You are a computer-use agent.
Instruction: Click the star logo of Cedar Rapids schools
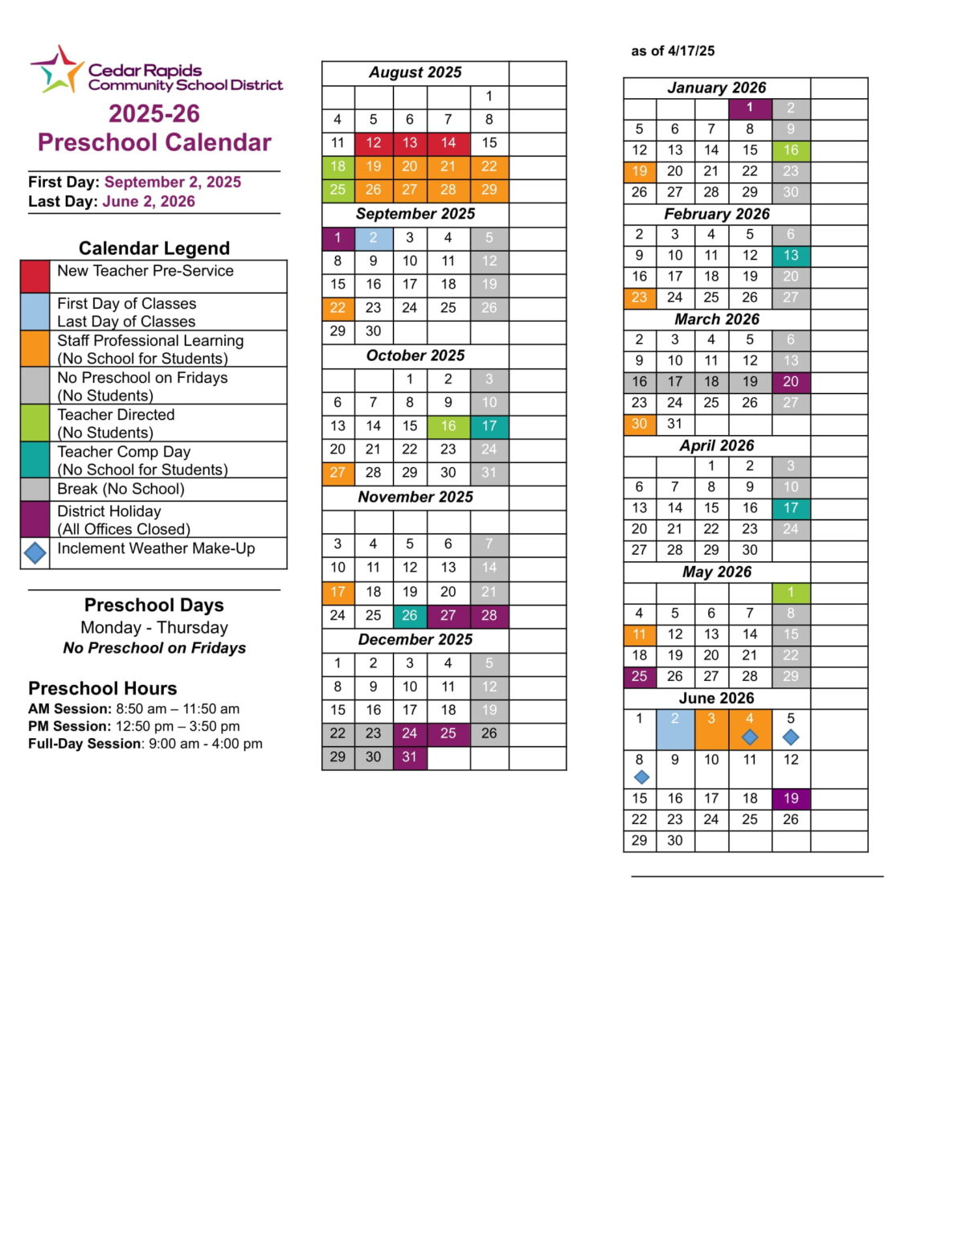click(57, 70)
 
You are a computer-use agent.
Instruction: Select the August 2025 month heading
click(415, 72)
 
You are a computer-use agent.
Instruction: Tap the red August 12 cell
click(373, 143)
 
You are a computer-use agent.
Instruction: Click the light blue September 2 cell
click(373, 238)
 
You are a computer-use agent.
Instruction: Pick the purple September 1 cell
click(338, 238)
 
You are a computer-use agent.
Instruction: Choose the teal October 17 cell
click(489, 426)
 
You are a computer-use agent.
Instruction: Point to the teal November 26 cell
click(409, 616)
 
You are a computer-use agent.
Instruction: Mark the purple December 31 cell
click(409, 757)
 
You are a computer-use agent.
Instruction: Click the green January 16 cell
click(791, 150)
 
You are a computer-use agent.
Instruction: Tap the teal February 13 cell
click(791, 256)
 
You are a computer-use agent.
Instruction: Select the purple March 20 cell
click(791, 382)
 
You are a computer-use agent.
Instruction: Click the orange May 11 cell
click(639, 634)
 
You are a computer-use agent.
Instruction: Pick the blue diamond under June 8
click(641, 778)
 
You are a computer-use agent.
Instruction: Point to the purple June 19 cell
click(791, 798)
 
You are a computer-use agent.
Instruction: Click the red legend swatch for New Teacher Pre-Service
click(35, 276)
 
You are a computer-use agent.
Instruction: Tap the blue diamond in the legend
click(35, 553)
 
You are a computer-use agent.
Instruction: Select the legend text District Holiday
click(109, 511)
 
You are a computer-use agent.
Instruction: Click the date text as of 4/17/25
click(673, 51)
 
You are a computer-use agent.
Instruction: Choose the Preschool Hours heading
click(102, 688)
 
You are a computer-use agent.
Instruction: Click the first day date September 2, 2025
click(173, 182)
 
